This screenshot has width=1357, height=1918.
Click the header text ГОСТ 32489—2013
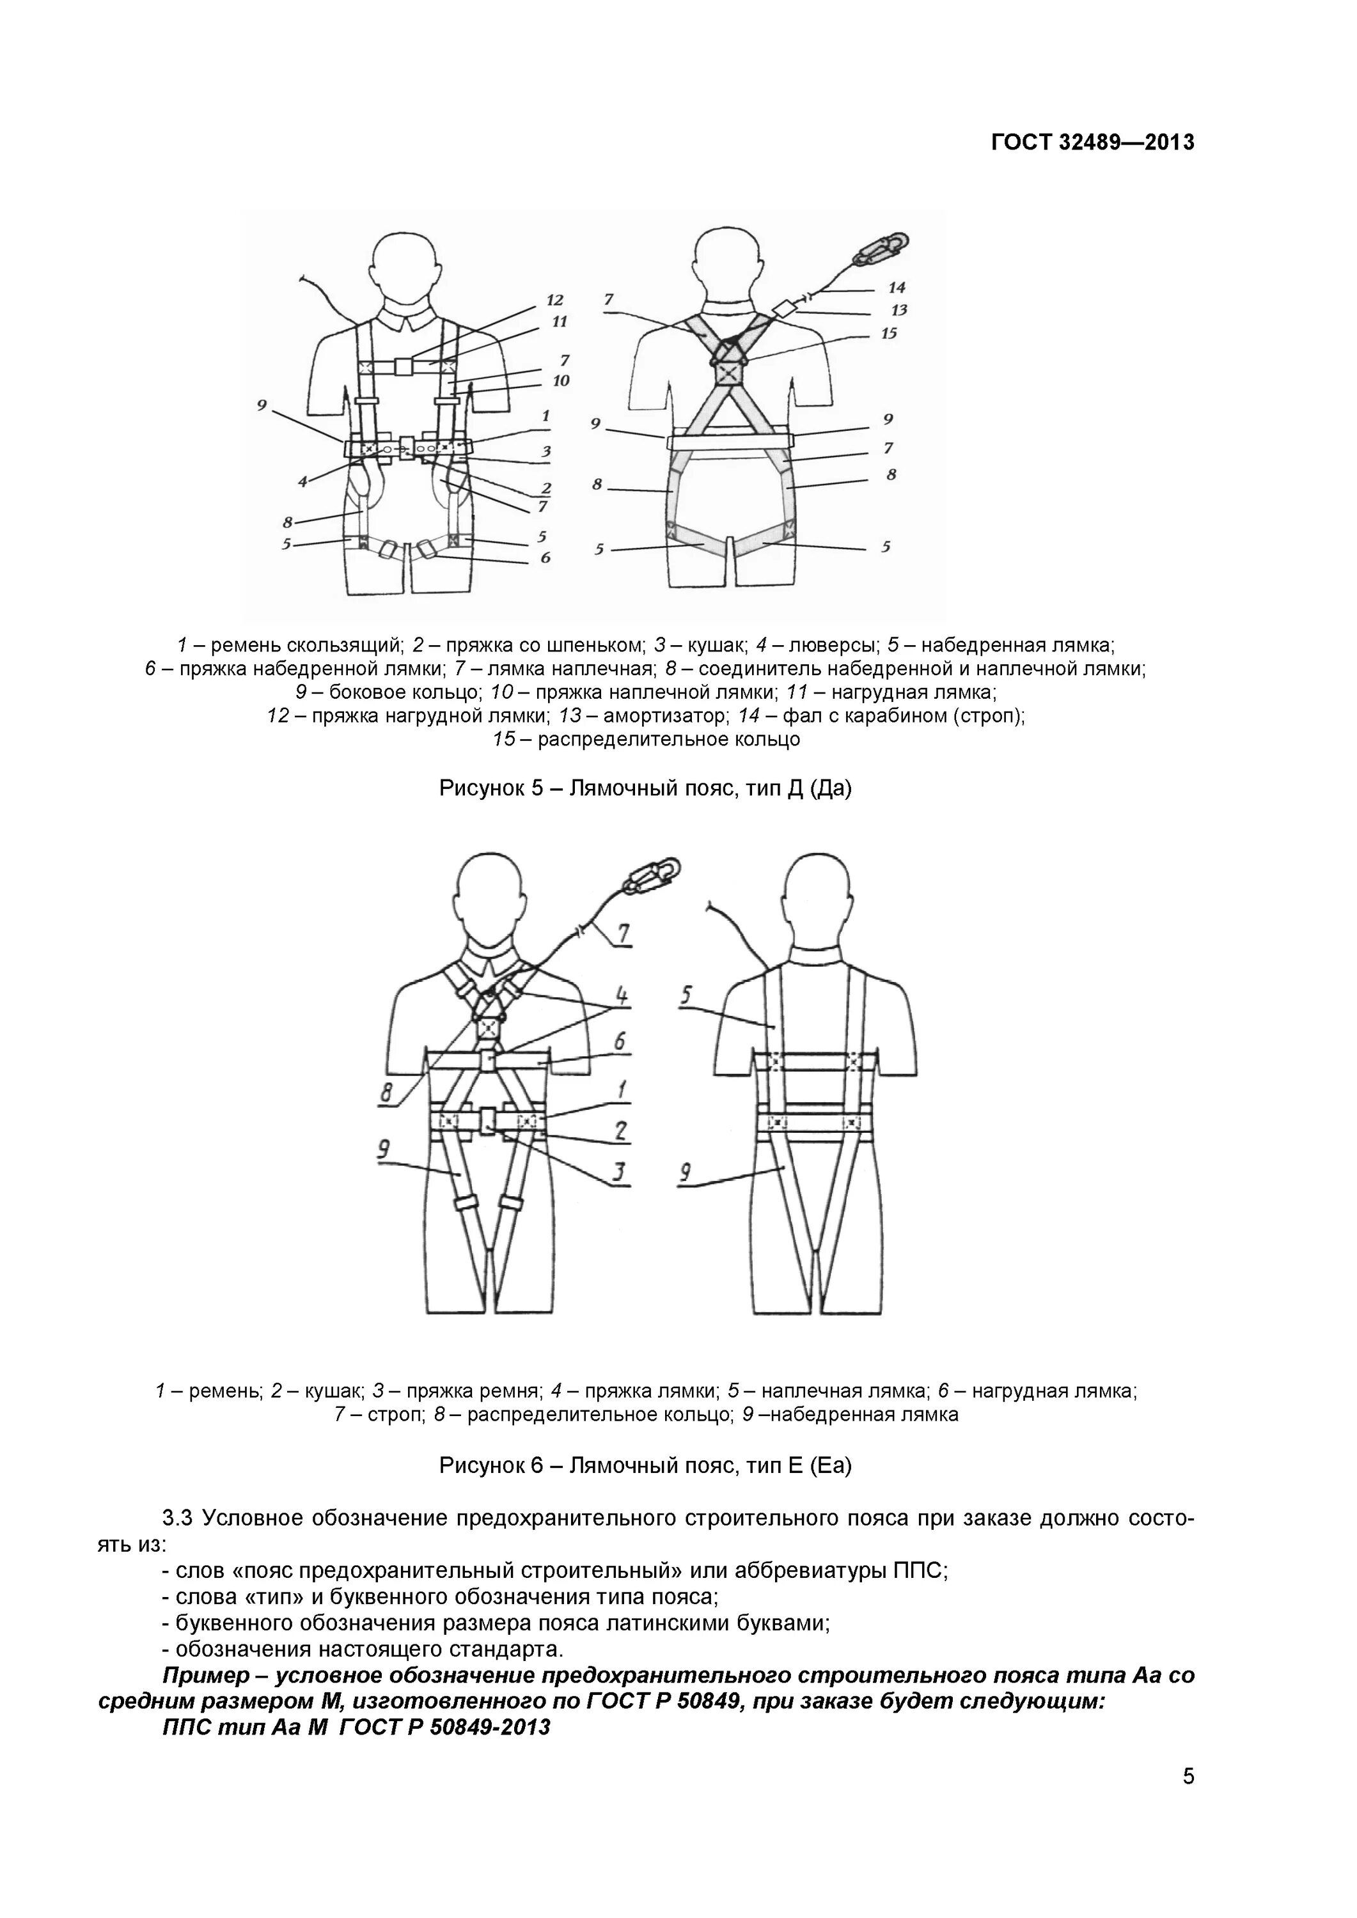coord(1092,143)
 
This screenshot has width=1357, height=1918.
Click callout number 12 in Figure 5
coord(555,300)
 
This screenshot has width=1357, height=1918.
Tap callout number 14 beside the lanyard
coord(897,287)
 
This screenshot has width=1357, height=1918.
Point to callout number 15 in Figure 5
coord(888,333)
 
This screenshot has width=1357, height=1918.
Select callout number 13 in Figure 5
coord(898,310)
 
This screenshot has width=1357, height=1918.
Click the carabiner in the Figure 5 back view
coord(883,247)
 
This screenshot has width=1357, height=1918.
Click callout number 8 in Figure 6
coord(386,1092)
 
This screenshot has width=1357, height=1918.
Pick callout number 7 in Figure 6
coord(624,932)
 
